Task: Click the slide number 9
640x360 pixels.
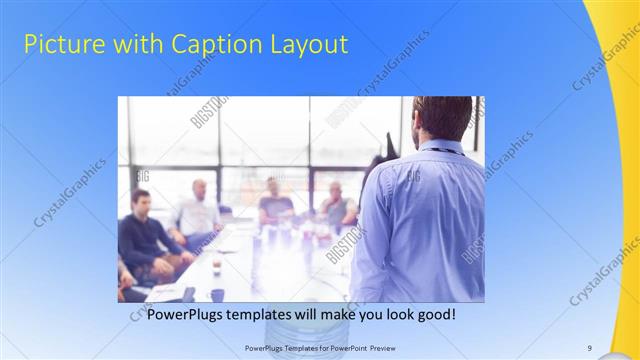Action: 589,347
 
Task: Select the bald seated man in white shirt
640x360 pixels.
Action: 198,212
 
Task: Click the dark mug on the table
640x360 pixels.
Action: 217,294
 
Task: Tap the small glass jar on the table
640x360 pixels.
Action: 216,266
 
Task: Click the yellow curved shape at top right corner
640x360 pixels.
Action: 620,60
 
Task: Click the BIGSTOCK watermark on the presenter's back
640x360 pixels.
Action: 413,177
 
